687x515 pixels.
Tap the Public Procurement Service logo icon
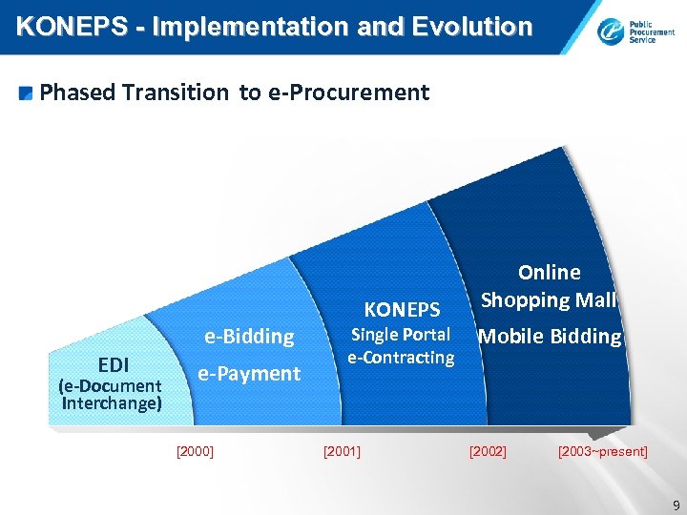coord(610,33)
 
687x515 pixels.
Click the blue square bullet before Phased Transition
coord(27,93)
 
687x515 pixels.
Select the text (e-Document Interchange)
coord(110,394)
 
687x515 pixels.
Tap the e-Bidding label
coord(249,336)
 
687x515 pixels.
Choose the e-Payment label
coord(248,374)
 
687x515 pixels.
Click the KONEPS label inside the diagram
coord(402,309)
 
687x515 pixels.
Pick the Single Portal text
coord(401,335)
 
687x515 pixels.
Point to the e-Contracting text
coord(401,358)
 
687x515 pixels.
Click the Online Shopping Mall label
coord(549,286)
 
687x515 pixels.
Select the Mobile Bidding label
coord(550,336)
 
